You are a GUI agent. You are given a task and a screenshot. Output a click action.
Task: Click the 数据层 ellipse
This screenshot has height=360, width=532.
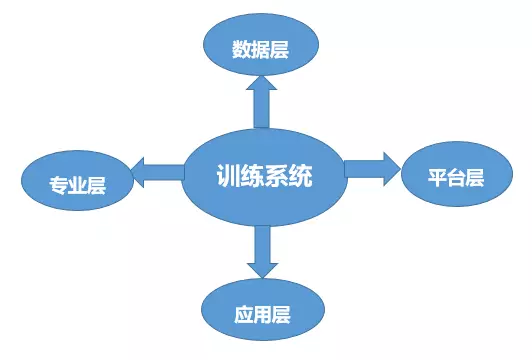(260, 48)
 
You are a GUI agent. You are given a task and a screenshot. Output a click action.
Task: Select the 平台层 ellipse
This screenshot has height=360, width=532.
(456, 178)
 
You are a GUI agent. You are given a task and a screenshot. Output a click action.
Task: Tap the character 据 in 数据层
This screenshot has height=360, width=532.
(260, 49)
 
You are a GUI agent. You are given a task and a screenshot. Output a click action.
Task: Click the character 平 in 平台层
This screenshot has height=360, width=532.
(438, 179)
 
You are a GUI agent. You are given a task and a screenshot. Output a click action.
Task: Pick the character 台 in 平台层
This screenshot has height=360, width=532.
(456, 179)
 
